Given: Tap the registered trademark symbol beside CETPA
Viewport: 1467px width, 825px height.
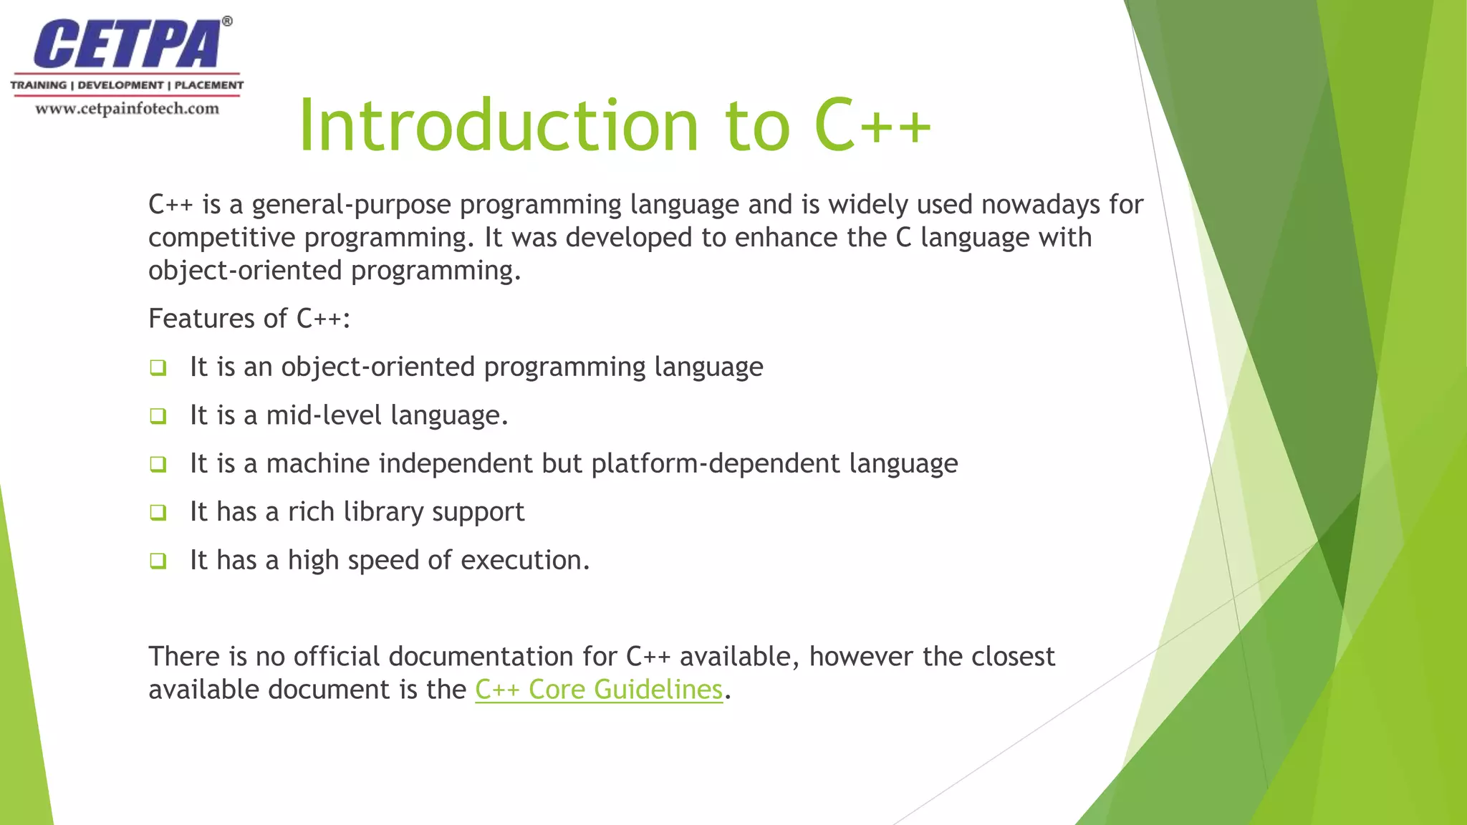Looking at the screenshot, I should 227,21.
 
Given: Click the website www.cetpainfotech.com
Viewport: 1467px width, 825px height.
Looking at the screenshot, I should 127,109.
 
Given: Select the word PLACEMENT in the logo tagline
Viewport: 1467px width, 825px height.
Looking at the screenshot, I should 209,85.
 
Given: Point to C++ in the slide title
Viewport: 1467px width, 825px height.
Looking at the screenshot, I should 872,126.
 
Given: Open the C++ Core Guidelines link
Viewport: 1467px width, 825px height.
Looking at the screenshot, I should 599,689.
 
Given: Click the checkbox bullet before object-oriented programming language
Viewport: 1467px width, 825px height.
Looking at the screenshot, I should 158,368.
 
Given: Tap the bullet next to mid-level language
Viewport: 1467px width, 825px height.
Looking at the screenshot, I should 158,416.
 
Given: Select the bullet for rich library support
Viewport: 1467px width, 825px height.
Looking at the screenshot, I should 158,513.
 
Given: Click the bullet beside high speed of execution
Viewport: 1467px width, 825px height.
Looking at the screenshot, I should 158,561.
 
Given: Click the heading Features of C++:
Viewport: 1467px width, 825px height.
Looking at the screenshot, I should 249,318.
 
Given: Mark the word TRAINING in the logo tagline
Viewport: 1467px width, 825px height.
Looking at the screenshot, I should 39,85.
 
